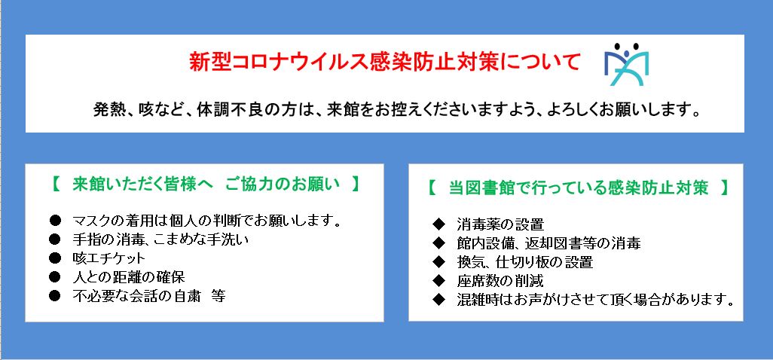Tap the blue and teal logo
pos(627,65)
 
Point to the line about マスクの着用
pos(207,220)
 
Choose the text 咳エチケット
pos(109,258)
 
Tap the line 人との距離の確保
pos(129,276)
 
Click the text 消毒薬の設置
pos(500,224)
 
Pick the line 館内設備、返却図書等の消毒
pos(548,243)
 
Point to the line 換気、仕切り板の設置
pos(524,262)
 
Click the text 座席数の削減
pos(500,281)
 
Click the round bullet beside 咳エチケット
pos(55,258)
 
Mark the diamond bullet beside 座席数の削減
pos(438,281)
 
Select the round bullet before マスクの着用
pos(55,220)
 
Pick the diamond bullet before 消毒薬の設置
pos(438,224)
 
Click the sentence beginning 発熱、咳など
pos(397,110)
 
